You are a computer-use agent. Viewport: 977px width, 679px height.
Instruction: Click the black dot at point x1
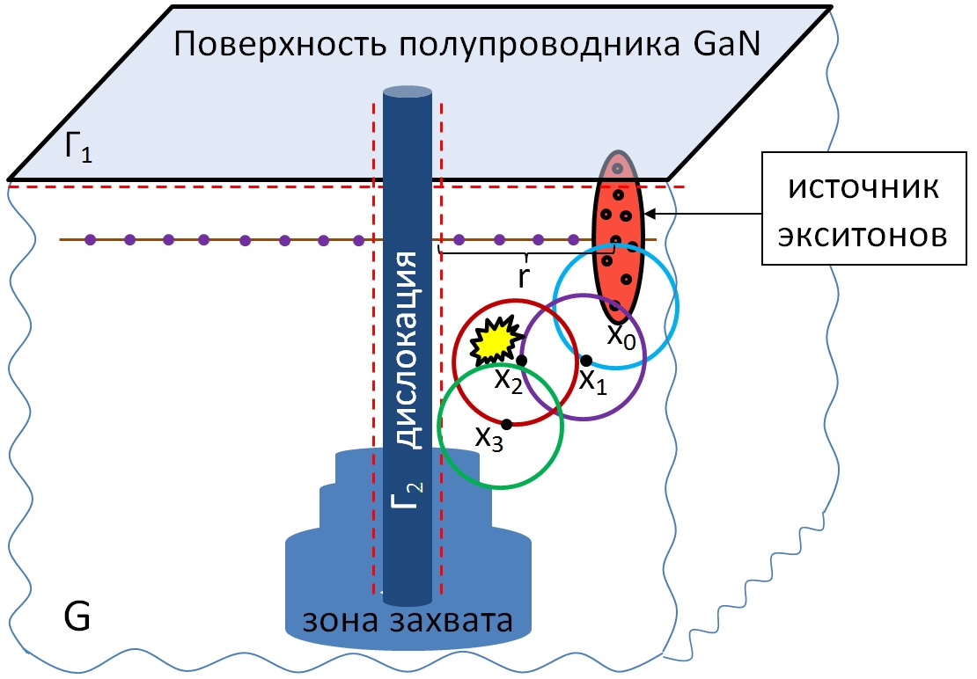click(x=585, y=359)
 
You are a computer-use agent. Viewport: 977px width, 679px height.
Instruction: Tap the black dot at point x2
click(x=522, y=360)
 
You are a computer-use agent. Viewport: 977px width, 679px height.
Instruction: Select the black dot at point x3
click(x=506, y=424)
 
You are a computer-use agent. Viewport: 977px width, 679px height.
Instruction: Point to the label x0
click(x=621, y=334)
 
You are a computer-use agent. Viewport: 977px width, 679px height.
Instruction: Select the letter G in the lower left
click(x=77, y=617)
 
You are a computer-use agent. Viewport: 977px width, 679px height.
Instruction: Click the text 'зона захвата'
click(x=407, y=620)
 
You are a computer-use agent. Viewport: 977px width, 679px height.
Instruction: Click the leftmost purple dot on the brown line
click(x=89, y=238)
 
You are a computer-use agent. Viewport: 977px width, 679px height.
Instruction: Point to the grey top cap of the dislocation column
click(x=407, y=91)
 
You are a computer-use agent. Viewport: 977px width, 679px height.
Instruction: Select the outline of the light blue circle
click(x=678, y=303)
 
